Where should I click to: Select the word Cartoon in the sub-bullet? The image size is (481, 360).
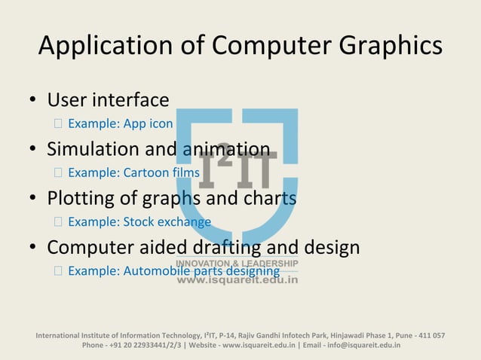click(139, 173)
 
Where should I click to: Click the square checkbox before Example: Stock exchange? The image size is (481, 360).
click(58, 222)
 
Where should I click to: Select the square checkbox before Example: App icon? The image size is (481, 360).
click(58, 124)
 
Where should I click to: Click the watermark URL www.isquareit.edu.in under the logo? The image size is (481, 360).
click(237, 279)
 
